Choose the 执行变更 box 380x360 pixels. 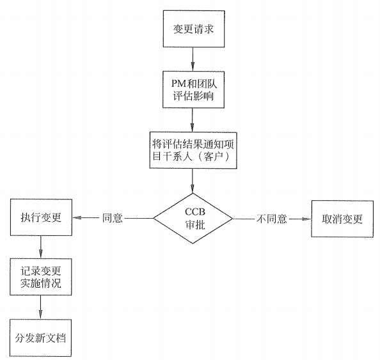coord(40,217)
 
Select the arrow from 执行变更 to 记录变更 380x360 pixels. coord(40,245)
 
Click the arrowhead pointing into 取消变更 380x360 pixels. coord(306,218)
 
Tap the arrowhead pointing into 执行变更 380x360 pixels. coord(77,218)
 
